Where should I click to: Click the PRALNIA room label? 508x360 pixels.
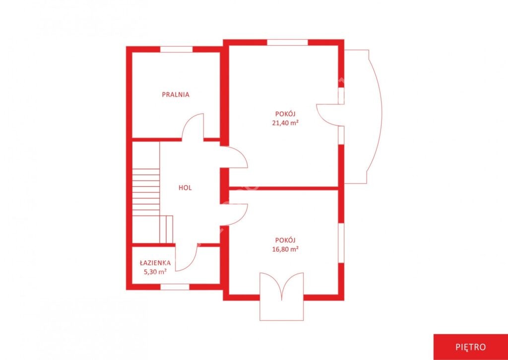176,95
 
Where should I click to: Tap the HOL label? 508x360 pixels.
185,188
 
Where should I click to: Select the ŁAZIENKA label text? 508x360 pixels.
155,263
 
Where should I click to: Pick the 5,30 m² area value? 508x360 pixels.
155,272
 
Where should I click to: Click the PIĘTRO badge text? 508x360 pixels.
470,347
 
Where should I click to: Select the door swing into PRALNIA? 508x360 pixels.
193,127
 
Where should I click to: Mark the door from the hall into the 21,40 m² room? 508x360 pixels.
234,157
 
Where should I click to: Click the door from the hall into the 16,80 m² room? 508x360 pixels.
234,215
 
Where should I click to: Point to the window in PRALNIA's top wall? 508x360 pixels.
177,49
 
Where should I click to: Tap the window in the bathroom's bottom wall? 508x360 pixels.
175,287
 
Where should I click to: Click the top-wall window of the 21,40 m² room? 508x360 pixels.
287,42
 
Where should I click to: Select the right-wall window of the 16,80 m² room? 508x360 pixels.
341,243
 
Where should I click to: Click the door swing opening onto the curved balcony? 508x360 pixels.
327,115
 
